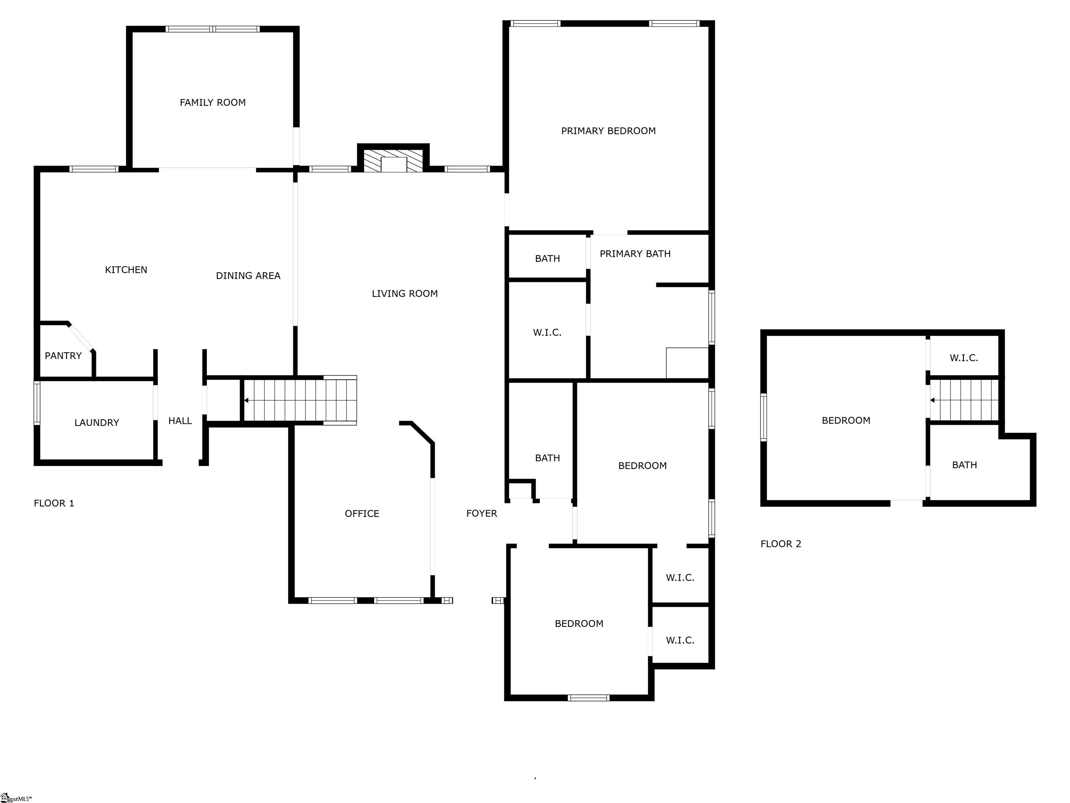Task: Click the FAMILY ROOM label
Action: click(x=213, y=102)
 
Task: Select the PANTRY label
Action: click(x=63, y=356)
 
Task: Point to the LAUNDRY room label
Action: click(x=97, y=422)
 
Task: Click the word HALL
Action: click(x=180, y=421)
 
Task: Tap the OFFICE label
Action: click(x=362, y=514)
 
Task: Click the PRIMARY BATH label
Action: click(x=635, y=254)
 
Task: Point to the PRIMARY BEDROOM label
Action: click(x=608, y=131)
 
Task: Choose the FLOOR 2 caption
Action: click(x=781, y=544)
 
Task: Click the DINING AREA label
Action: click(x=248, y=276)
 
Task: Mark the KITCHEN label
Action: click(x=126, y=270)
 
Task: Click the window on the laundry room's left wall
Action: click(x=37, y=403)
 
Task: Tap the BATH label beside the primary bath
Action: click(x=548, y=259)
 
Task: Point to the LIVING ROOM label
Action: click(x=405, y=294)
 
